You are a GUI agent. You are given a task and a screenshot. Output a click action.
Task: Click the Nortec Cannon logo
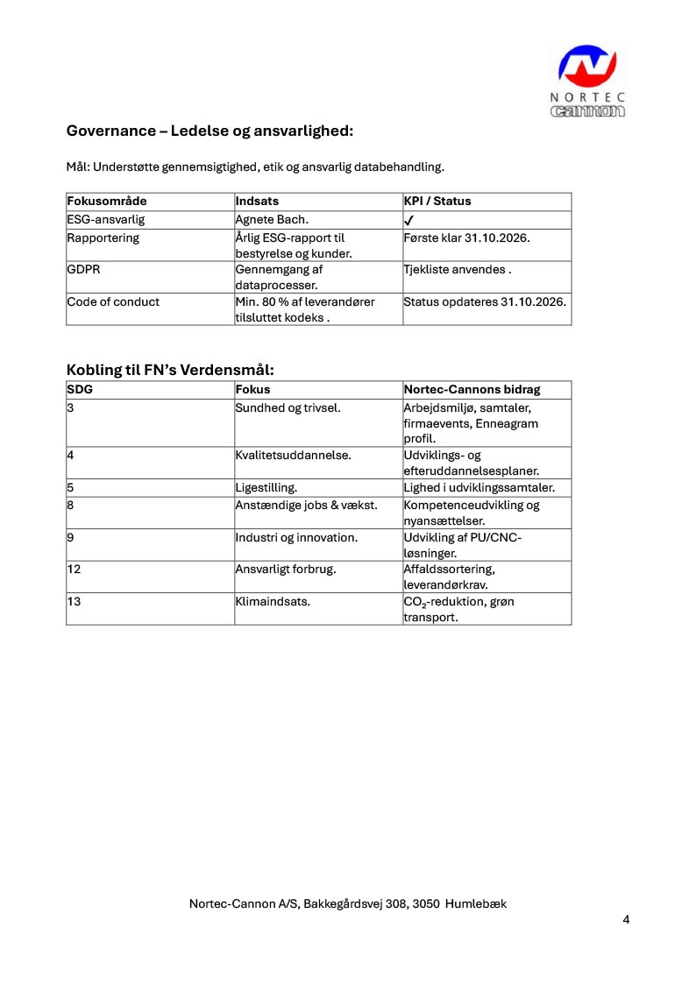(x=588, y=81)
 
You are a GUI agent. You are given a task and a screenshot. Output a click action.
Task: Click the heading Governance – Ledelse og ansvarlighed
(x=210, y=131)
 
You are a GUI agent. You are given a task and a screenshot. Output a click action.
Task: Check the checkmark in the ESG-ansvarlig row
(x=409, y=221)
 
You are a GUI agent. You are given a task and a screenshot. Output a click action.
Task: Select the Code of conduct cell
(x=113, y=302)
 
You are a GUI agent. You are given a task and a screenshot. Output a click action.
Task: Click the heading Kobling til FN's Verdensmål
(x=170, y=370)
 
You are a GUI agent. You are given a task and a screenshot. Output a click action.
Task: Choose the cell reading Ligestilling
(x=266, y=488)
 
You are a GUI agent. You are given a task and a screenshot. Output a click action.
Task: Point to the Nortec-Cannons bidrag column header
(x=472, y=389)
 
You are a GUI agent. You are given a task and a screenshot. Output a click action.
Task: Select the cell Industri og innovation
(x=296, y=537)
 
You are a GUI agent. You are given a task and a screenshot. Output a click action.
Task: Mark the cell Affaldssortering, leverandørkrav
(x=449, y=577)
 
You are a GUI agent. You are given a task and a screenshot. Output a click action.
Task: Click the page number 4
(x=626, y=920)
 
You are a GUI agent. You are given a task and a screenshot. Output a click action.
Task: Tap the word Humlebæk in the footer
(x=476, y=903)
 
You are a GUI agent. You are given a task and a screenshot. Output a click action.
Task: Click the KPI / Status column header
(x=437, y=202)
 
